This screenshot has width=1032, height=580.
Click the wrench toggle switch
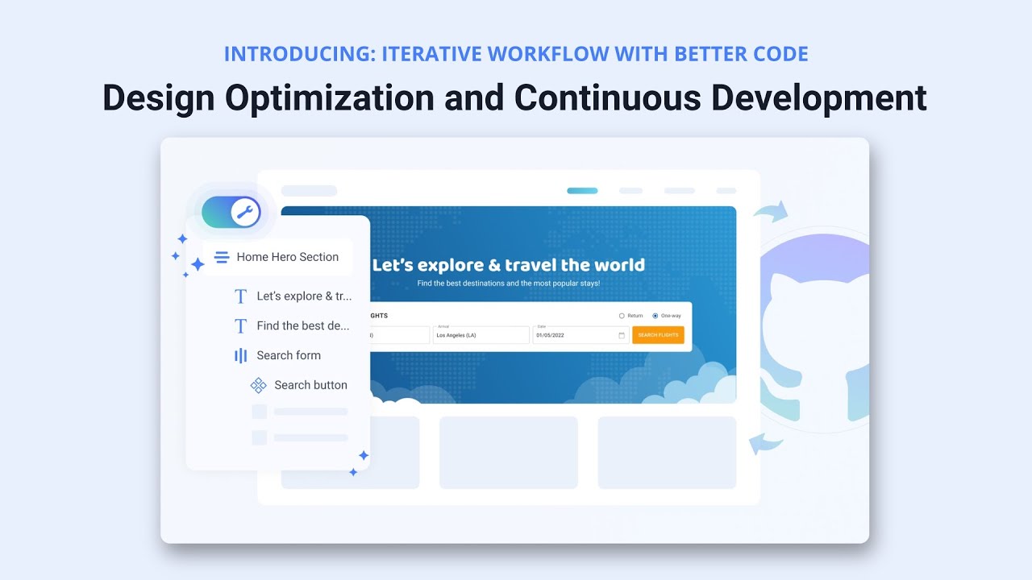coord(231,213)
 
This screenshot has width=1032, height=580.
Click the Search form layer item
coord(288,355)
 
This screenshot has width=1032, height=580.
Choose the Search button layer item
coord(310,385)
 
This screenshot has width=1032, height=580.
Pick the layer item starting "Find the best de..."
coord(302,325)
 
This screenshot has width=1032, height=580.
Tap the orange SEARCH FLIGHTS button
coord(658,335)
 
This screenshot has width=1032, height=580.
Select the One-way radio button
coord(655,316)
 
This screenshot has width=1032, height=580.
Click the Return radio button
coord(622,316)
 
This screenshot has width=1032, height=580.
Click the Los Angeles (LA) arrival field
coord(481,335)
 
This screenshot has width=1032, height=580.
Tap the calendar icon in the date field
coord(622,335)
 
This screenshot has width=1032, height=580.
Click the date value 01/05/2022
coord(556,335)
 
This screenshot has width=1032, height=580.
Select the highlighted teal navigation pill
coord(582,191)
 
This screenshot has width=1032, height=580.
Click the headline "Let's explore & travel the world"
coord(509,265)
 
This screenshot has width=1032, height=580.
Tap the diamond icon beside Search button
coord(259,385)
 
